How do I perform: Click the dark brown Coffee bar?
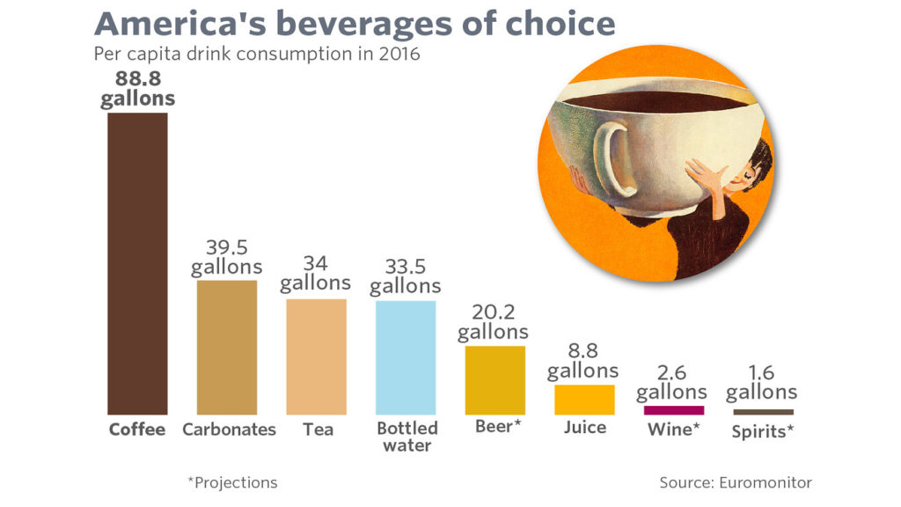point(137,263)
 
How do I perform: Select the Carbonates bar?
point(227,347)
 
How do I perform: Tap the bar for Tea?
point(316,356)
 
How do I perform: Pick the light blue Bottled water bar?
point(406,357)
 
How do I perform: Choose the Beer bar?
point(494,379)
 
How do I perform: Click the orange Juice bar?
point(584,400)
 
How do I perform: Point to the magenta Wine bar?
point(674,410)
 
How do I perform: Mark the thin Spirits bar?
point(763,412)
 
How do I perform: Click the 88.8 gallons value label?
point(137,88)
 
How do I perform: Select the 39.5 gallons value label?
point(227,256)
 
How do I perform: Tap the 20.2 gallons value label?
point(493,322)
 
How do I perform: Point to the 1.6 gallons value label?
point(762,382)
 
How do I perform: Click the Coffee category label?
point(137,430)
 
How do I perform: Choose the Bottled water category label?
point(407,437)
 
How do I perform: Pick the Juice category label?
point(584,428)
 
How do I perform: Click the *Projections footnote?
point(232,482)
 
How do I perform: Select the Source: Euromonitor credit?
point(736,482)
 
